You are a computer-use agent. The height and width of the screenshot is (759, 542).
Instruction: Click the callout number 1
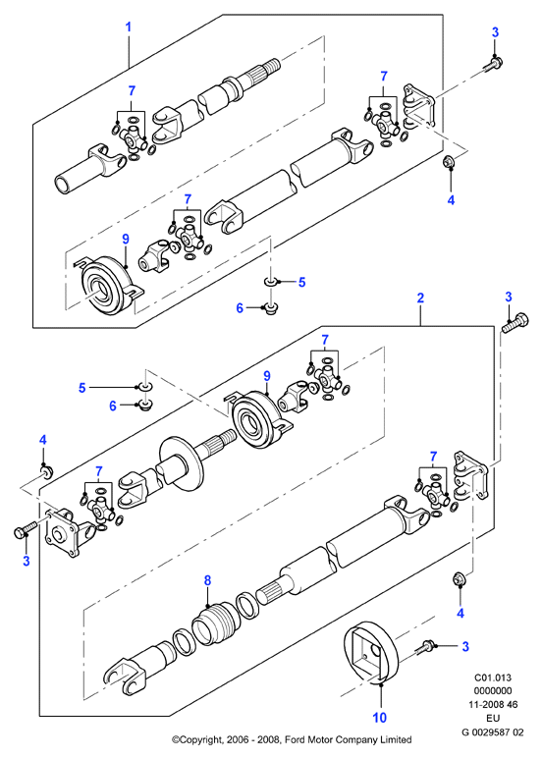coord(129,27)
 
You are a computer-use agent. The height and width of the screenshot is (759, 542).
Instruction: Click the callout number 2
coord(420,298)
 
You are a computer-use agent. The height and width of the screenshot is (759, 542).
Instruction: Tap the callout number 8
coord(207,580)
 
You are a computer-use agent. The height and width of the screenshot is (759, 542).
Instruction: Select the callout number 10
coord(380,717)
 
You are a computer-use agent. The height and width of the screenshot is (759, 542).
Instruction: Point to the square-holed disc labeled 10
coord(371,653)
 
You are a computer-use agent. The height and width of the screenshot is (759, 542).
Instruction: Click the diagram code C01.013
coord(493,678)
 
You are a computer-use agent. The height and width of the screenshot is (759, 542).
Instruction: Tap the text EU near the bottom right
coord(493,719)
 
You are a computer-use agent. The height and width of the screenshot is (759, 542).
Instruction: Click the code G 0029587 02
coord(493,732)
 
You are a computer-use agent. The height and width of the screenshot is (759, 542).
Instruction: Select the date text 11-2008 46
coord(493,705)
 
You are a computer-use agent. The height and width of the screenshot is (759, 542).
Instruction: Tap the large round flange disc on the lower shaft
coord(181,465)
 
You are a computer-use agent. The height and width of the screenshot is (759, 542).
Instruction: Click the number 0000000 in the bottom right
coord(493,691)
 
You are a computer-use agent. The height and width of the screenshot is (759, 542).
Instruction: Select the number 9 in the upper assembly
coord(126,239)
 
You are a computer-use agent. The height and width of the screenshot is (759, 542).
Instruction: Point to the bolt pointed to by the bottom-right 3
coord(426,645)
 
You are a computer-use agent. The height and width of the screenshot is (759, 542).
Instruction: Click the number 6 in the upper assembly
coord(240,308)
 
